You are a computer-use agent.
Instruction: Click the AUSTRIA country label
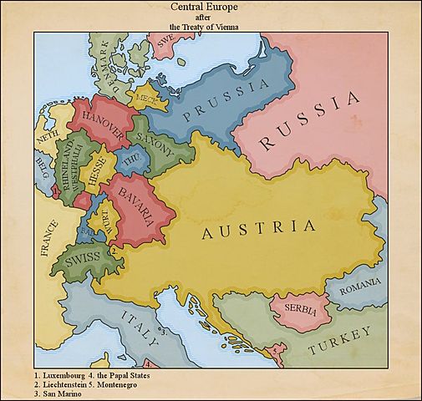point(259,229)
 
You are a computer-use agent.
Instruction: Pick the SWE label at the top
point(167,39)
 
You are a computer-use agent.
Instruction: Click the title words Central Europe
point(211,6)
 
